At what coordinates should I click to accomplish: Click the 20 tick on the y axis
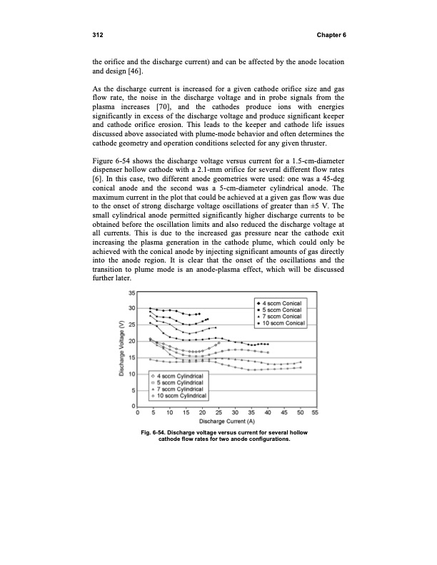pos(131,360)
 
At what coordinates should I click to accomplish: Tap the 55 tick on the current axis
pos(315,412)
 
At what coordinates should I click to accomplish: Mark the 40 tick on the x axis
pos(268,412)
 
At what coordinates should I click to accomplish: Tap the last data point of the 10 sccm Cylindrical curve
pos(301,368)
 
